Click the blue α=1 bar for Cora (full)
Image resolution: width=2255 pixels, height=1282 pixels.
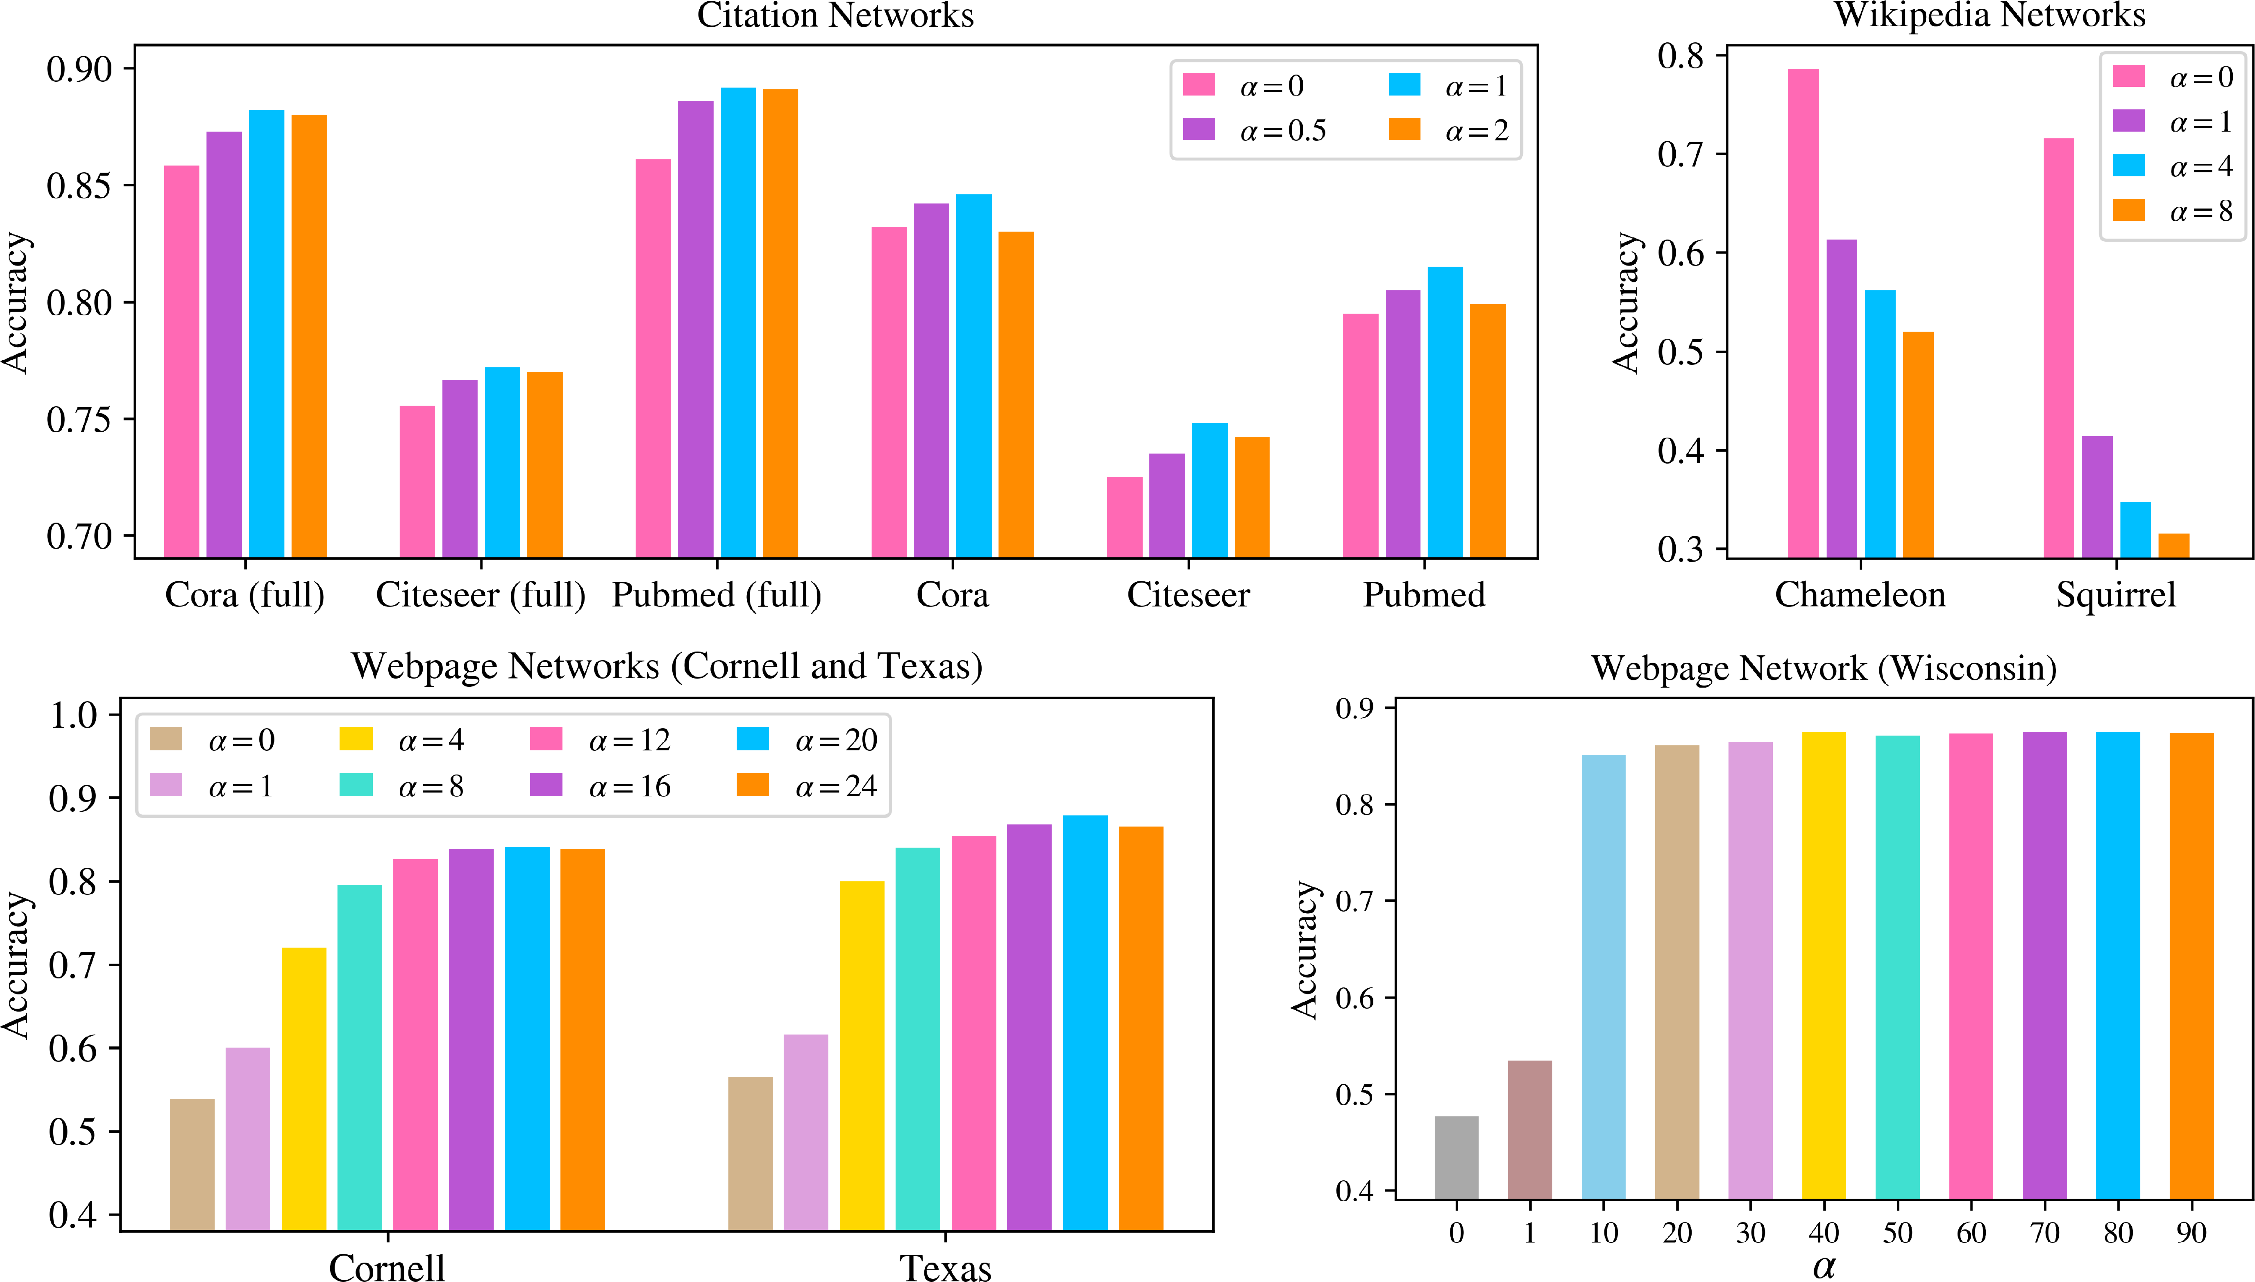pos(266,334)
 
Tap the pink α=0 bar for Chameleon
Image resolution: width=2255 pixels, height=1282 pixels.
pos(1803,312)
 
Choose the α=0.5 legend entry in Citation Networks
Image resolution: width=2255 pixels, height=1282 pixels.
pos(1255,130)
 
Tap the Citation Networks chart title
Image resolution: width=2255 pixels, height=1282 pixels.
pos(835,16)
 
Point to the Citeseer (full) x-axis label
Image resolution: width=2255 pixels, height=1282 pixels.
pos(481,595)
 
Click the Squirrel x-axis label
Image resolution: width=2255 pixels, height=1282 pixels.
pos(2115,595)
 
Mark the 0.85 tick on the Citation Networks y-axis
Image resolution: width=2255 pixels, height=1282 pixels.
pos(79,186)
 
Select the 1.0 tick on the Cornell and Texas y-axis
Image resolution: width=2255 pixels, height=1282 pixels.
pos(72,714)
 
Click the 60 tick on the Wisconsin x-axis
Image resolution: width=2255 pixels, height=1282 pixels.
pos(1971,1233)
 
